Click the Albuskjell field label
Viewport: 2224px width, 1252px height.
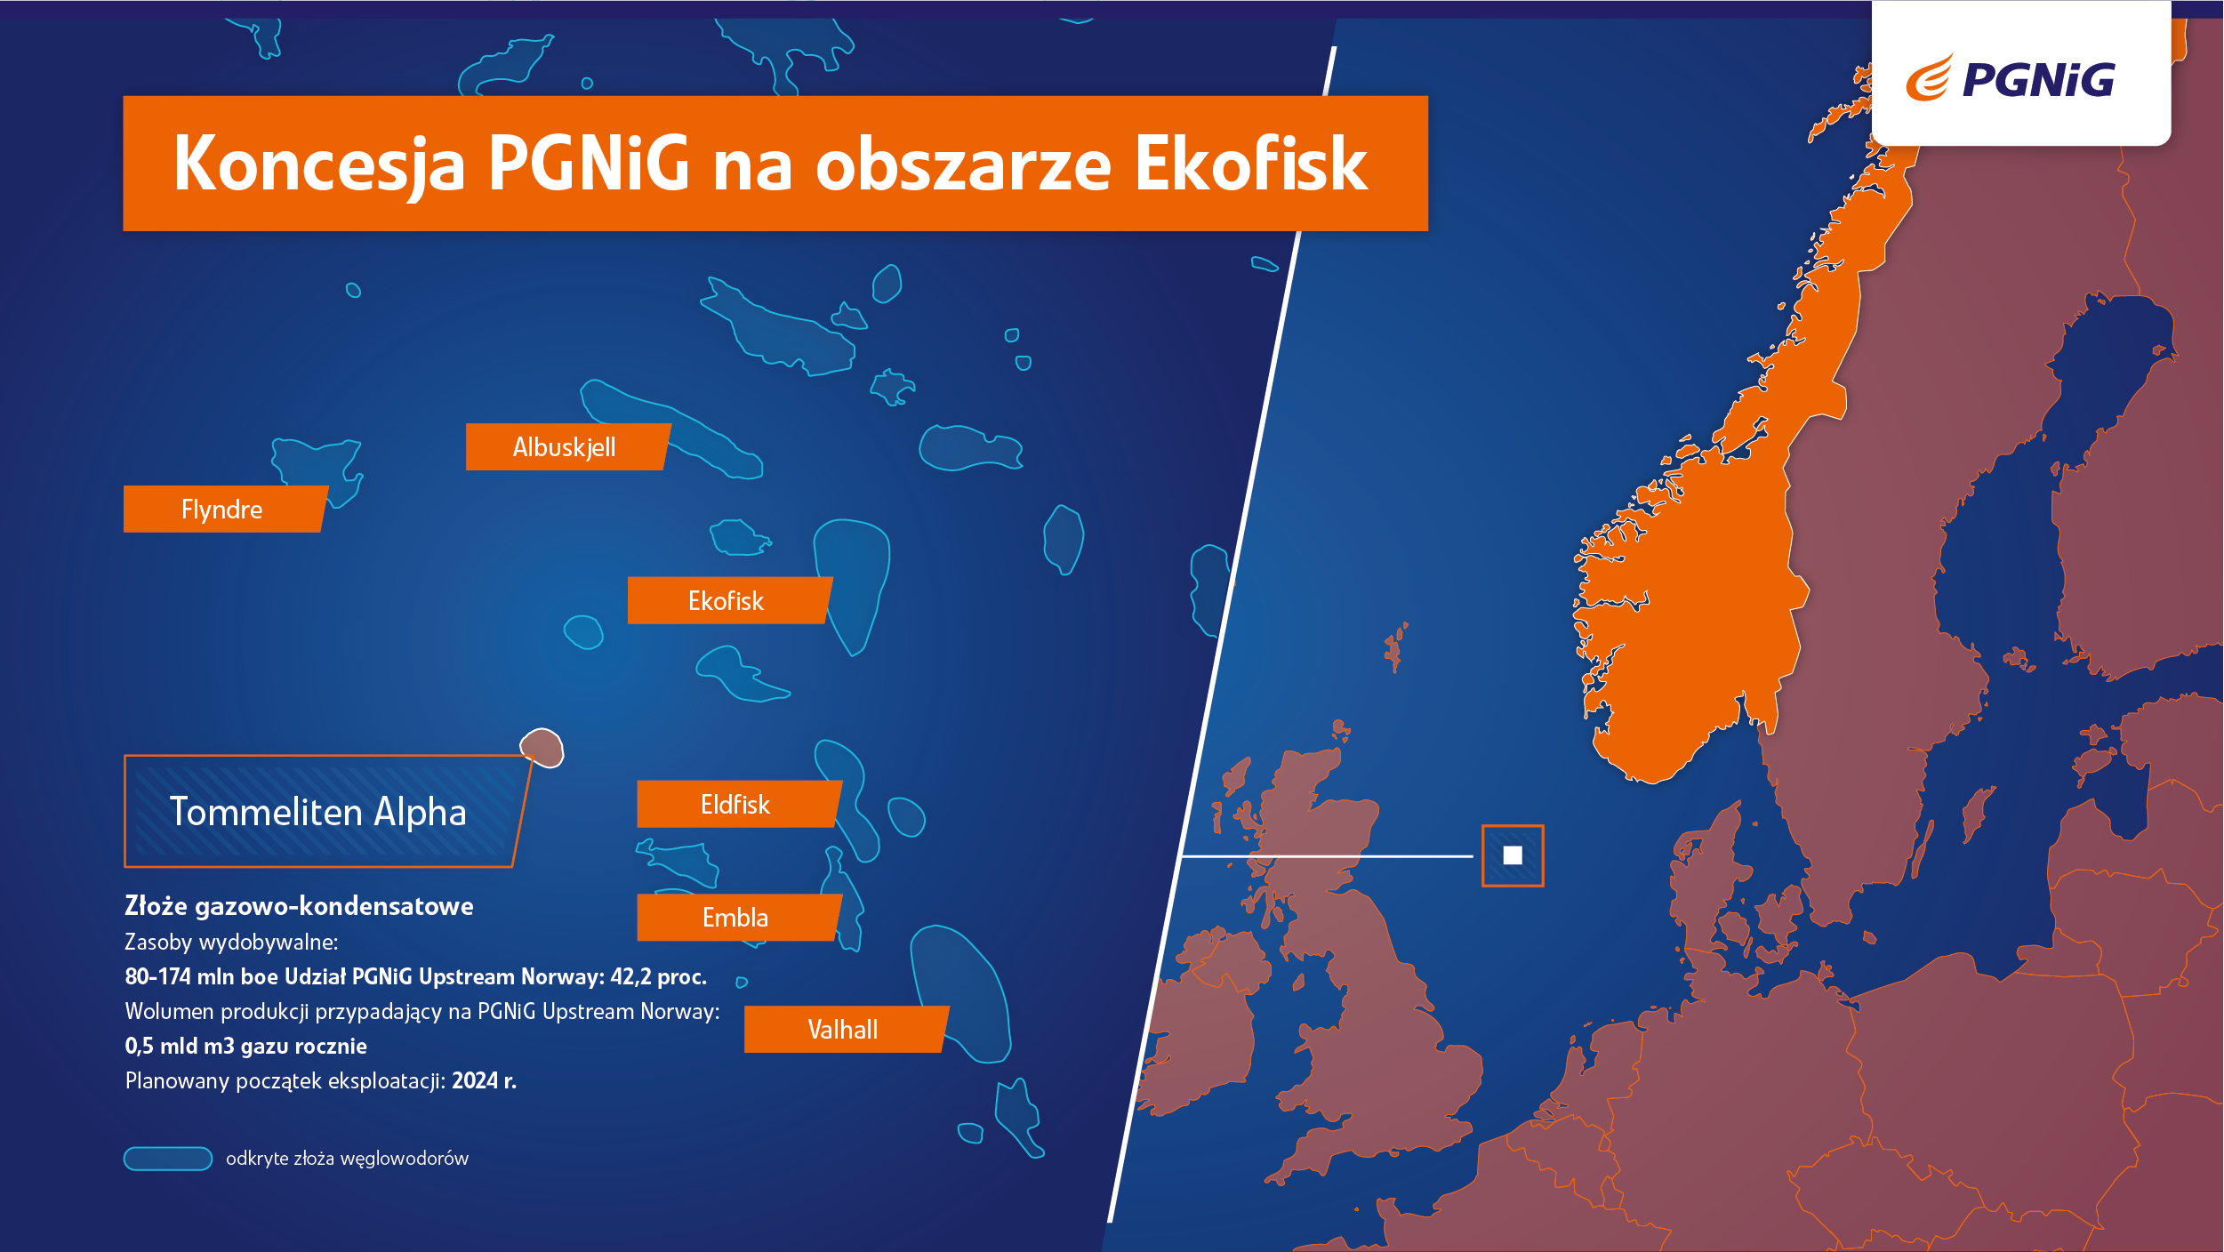pos(567,446)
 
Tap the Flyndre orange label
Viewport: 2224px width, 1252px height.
pos(225,509)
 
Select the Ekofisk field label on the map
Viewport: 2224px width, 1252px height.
pos(729,600)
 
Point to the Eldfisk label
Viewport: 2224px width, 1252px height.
pos(738,804)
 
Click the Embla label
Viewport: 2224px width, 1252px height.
pos(738,917)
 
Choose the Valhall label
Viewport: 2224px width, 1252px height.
pos(846,1029)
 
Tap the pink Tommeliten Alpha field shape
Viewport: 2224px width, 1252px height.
pos(542,747)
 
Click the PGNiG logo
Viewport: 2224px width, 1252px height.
pos(2011,78)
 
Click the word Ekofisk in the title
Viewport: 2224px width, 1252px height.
pos(1251,165)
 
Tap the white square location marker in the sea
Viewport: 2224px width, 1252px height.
pos(1513,855)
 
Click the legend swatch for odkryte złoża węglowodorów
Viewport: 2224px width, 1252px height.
pos(168,1159)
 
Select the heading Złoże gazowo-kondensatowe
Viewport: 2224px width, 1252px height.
pos(299,906)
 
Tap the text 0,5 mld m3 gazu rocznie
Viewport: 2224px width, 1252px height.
pos(246,1046)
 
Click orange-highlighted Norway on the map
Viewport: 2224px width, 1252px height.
pos(1707,578)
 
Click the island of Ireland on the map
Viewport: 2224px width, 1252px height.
pos(1205,1023)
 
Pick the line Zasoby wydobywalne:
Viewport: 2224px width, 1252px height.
pos(231,942)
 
